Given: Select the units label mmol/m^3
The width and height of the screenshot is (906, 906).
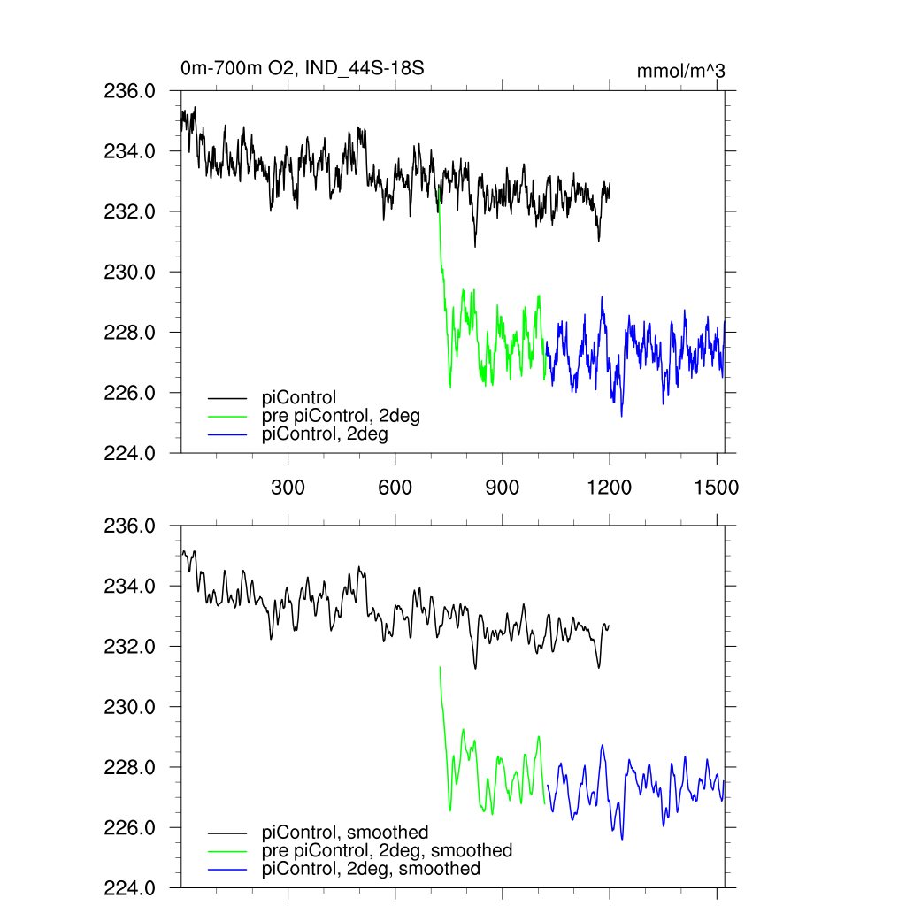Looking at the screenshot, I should tap(681, 71).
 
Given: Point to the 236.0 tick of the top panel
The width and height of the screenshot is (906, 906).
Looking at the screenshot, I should tap(130, 91).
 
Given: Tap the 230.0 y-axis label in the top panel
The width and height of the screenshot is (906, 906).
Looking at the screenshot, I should tap(130, 272).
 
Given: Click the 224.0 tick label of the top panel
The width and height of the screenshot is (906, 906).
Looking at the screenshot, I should tap(130, 453).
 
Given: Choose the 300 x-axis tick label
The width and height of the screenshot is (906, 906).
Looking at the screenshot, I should tap(288, 487).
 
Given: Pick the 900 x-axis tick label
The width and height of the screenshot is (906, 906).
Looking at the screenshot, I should tap(503, 487).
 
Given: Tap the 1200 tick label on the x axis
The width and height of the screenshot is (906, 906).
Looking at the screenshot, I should tap(610, 487).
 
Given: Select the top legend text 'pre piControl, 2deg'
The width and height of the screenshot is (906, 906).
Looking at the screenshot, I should tap(341, 416).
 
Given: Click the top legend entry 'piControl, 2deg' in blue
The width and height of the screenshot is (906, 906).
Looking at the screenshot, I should tap(325, 434).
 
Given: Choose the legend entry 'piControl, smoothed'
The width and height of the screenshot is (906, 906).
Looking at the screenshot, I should tap(345, 833).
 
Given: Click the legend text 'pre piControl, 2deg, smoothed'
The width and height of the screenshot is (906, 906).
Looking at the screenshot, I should tap(387, 850).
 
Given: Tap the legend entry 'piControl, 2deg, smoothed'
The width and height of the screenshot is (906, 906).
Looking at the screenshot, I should tap(371, 869).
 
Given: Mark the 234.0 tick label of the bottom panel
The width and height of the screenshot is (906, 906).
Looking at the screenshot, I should tap(130, 586).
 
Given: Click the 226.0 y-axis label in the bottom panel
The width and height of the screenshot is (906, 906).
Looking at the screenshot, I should tap(130, 827).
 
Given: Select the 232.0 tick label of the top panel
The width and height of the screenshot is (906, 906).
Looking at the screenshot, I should tap(130, 211).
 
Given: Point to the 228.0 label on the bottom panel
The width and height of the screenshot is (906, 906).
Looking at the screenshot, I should tap(130, 767).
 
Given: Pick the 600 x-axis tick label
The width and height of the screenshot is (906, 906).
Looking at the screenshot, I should tap(395, 487).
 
